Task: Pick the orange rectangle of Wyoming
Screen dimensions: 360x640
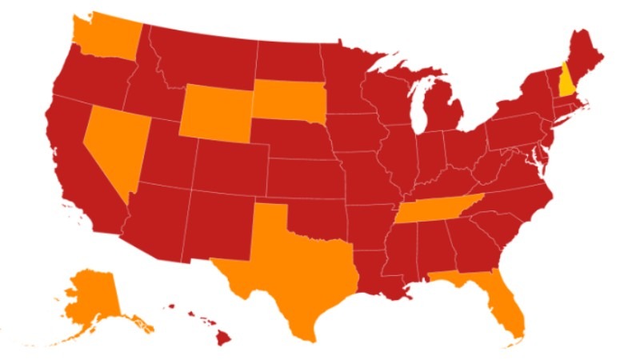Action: tap(214, 113)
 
